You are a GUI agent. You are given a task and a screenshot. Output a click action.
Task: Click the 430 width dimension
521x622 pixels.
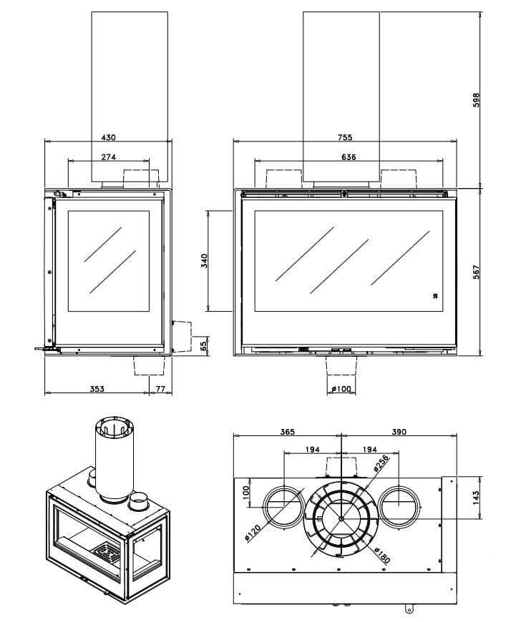[x=109, y=137]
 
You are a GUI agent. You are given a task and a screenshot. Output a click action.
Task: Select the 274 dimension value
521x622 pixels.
[x=109, y=157]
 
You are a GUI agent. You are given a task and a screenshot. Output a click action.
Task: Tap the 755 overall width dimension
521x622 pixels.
[x=344, y=137]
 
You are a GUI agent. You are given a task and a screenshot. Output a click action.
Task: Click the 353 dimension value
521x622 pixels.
[x=97, y=389]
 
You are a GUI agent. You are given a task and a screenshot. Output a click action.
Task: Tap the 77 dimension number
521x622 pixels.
[x=160, y=389]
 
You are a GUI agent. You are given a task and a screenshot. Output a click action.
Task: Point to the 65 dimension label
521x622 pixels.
[x=204, y=346]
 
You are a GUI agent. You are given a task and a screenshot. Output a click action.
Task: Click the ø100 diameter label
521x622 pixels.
[x=342, y=389]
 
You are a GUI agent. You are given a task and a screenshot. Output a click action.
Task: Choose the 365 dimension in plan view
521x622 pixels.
[x=288, y=432]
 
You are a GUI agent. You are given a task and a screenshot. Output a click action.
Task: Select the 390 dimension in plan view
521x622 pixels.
[x=399, y=432]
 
